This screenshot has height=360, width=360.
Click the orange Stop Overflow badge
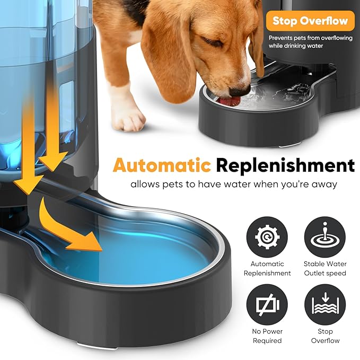(x=310, y=21)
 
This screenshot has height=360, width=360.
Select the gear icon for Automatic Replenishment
(x=267, y=237)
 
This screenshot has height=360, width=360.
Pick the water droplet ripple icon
(x=325, y=237)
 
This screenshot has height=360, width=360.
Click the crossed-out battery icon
(x=267, y=304)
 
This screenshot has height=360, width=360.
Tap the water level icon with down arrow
(x=325, y=304)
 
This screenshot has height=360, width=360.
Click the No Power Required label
(x=267, y=336)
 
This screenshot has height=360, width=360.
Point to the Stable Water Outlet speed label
(x=325, y=268)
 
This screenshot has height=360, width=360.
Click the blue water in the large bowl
(x=159, y=249)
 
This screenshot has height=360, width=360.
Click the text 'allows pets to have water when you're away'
(x=233, y=185)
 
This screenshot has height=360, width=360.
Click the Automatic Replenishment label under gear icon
(x=267, y=268)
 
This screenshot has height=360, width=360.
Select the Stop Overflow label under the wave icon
(x=325, y=336)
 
